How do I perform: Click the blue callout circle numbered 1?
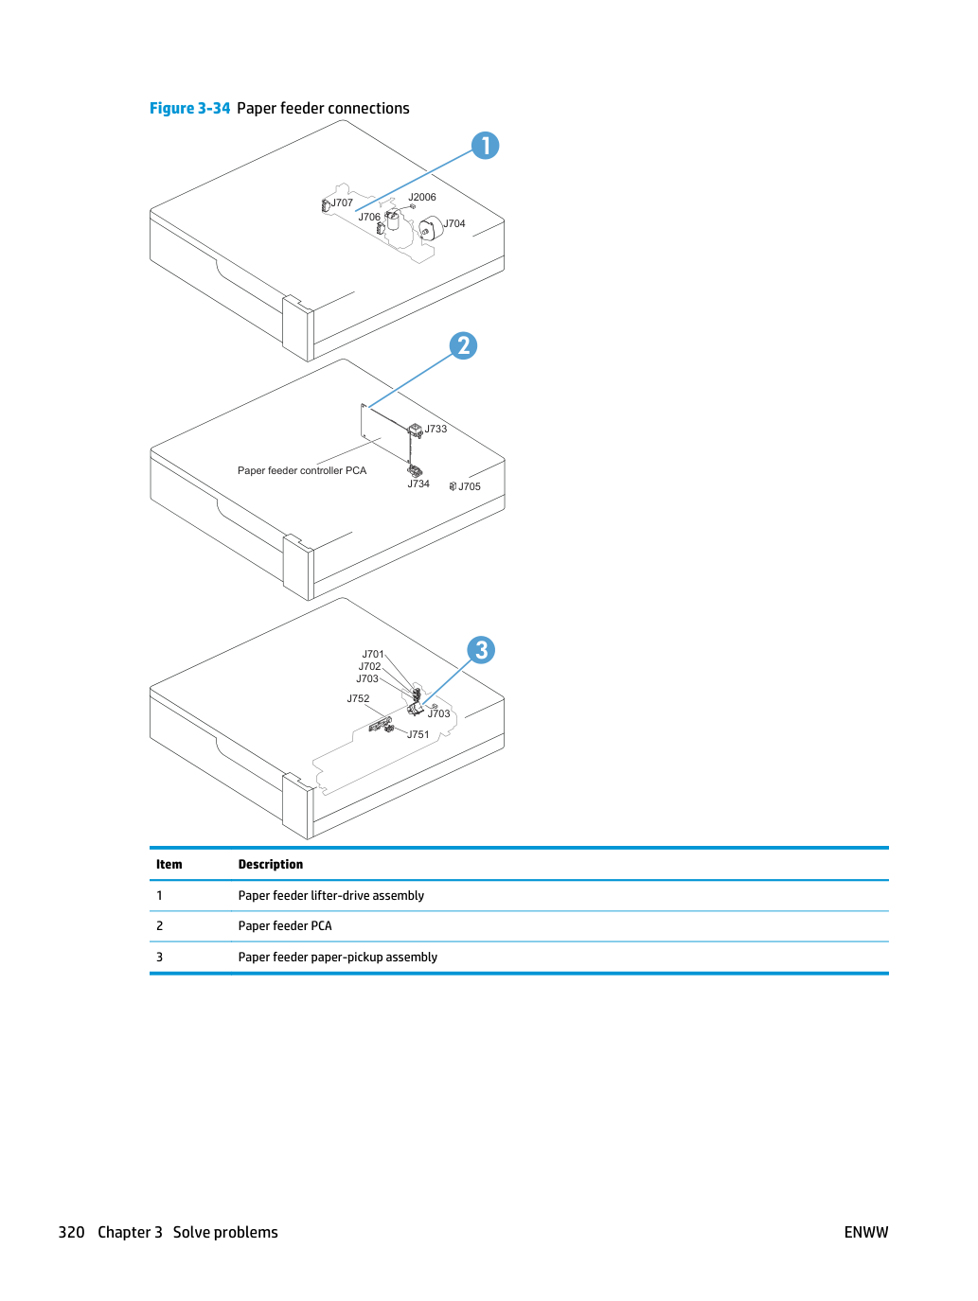tap(485, 146)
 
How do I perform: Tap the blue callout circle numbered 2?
tap(463, 345)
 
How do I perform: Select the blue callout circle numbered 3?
tap(481, 650)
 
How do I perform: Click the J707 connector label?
tap(342, 202)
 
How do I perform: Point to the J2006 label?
tap(421, 197)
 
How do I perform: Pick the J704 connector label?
tap(454, 223)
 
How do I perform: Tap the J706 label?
tap(369, 217)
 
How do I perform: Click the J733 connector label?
tap(436, 429)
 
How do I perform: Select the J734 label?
tap(418, 483)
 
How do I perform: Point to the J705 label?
tap(470, 486)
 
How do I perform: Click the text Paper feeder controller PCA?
tap(302, 470)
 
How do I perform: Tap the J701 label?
tap(373, 654)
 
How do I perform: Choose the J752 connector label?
tap(358, 698)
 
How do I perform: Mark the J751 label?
tap(418, 734)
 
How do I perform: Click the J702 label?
tap(369, 666)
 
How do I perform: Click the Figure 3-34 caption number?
tap(189, 109)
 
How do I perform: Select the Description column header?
tap(271, 864)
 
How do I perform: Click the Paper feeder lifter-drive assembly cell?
tap(331, 895)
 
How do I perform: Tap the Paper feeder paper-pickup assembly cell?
tap(337, 957)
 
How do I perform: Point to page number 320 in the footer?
tap(71, 1232)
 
